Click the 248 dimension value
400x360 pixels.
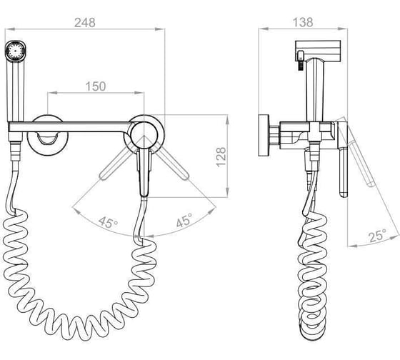click(x=85, y=23)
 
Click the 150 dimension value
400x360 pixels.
click(x=96, y=86)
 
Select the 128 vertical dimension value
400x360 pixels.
click(x=221, y=156)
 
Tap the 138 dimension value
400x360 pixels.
click(x=303, y=22)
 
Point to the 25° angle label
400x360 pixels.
click(x=378, y=235)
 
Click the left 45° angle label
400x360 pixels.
click(x=109, y=222)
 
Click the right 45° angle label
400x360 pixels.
click(x=184, y=220)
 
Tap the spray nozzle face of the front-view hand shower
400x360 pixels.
click(x=16, y=50)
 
